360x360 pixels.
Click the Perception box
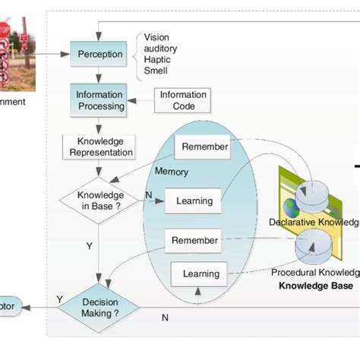[x=99, y=55]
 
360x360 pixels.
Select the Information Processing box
[x=99, y=100]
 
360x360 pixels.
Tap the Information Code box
[x=182, y=100]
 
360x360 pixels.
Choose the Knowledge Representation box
[x=99, y=147]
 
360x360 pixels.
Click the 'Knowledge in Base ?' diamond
[x=99, y=199]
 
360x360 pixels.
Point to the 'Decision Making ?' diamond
[x=99, y=307]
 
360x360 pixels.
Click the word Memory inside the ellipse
[x=172, y=172]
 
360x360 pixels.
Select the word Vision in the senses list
[x=156, y=37]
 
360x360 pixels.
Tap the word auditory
[x=161, y=49]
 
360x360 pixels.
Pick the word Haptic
[x=157, y=60]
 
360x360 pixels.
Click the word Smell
[x=156, y=71]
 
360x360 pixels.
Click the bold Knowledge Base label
[x=315, y=286]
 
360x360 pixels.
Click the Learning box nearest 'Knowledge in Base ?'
[x=198, y=201]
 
